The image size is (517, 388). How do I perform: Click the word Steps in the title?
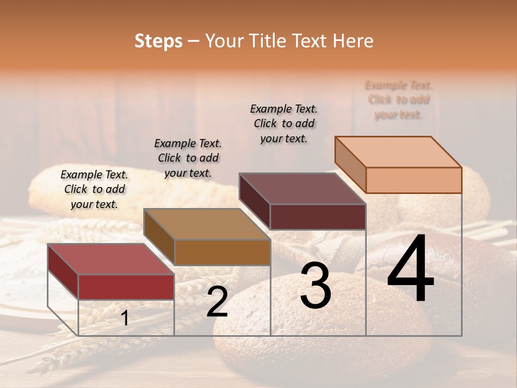[158, 41]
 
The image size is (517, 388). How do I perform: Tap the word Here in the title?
[353, 41]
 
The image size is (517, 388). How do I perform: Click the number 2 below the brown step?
[217, 302]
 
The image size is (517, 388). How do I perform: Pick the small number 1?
[125, 318]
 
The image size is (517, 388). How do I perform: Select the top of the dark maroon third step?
[302, 189]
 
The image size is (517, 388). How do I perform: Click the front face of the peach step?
[414, 180]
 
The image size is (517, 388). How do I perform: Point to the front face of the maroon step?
[318, 217]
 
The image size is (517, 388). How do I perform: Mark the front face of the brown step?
[222, 252]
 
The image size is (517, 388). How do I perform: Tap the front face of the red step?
[126, 287]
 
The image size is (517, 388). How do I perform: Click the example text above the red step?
[94, 189]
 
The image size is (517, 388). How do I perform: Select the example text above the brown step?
[188, 158]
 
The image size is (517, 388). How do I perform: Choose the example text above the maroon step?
[284, 123]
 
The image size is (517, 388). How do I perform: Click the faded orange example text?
[399, 100]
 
